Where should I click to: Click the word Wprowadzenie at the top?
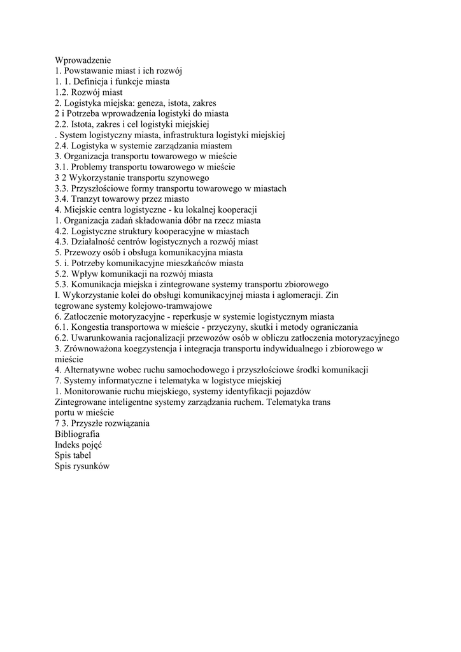click(x=83, y=60)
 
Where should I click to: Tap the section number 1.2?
click(x=62, y=92)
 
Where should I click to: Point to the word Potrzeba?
click(x=86, y=113)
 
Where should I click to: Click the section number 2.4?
click(x=62, y=146)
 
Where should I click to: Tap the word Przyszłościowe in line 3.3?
click(x=102, y=188)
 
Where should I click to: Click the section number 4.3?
click(x=62, y=242)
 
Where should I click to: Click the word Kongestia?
click(x=90, y=327)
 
